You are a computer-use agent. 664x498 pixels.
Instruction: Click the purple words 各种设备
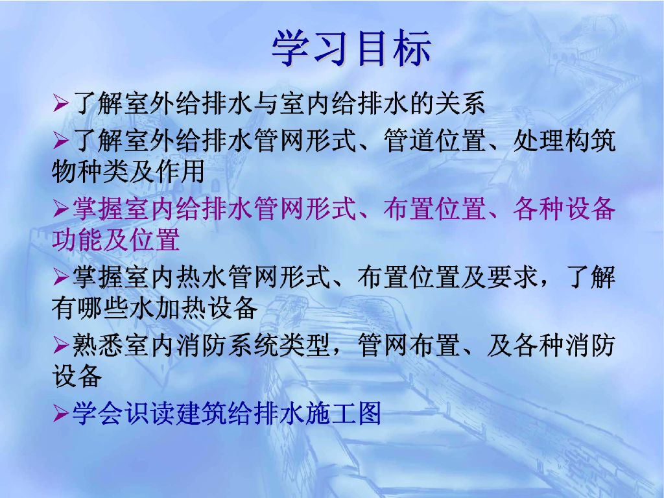coord(563,209)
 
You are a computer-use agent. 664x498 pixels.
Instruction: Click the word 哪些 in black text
coord(102,308)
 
